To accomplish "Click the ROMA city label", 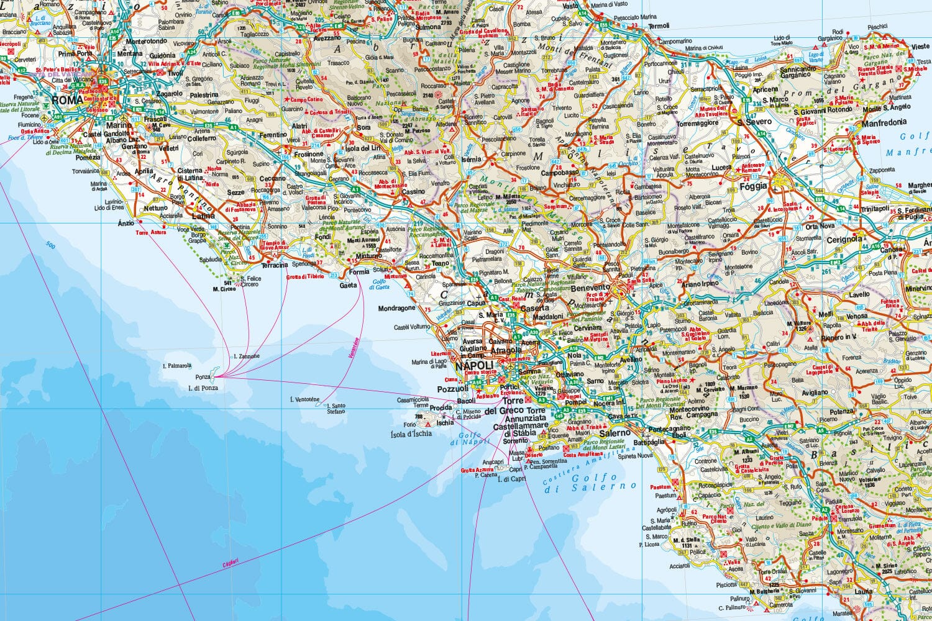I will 67,100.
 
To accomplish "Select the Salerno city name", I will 614,433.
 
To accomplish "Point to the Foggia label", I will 753,186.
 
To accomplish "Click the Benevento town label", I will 590,288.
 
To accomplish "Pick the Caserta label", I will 535,307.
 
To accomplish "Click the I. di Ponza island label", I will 203,388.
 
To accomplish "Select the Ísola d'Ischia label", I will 411,433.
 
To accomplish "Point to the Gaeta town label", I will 348,285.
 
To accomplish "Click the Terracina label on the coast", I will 274,265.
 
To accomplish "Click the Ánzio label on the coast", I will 126,223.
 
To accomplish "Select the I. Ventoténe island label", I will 304,399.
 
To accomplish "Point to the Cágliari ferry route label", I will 231,564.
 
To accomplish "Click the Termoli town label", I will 659,26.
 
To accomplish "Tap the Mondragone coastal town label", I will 396,308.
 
